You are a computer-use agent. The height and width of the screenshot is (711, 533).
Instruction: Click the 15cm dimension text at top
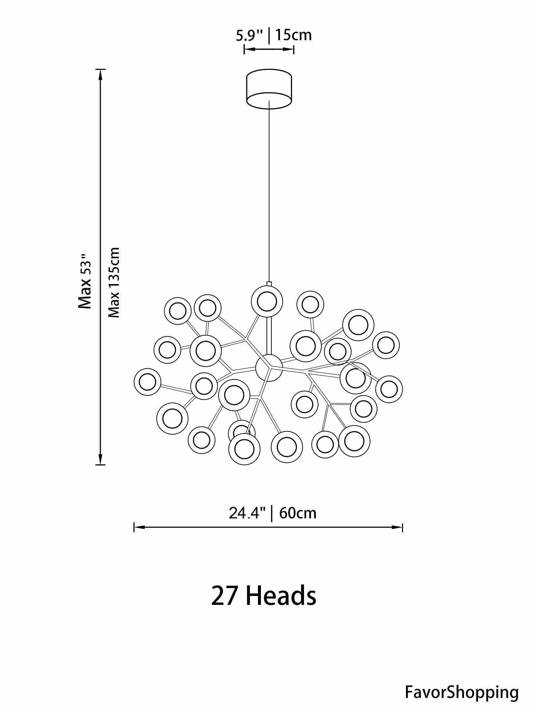click(293, 35)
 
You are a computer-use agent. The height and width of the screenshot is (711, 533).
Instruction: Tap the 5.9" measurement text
click(249, 36)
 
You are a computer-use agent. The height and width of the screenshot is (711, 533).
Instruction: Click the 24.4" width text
click(247, 513)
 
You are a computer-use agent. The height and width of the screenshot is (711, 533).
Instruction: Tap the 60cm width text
click(297, 513)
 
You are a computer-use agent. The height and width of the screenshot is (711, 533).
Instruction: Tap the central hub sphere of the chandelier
click(269, 368)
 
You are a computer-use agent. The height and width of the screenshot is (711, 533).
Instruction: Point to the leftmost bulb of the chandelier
click(147, 382)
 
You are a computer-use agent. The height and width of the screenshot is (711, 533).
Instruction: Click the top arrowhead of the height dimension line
click(101, 75)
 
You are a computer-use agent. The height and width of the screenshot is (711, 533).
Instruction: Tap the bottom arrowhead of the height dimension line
click(101, 459)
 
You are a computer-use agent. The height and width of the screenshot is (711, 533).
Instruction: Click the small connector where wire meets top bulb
click(269, 283)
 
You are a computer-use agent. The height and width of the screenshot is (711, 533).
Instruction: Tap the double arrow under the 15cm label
click(269, 50)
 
